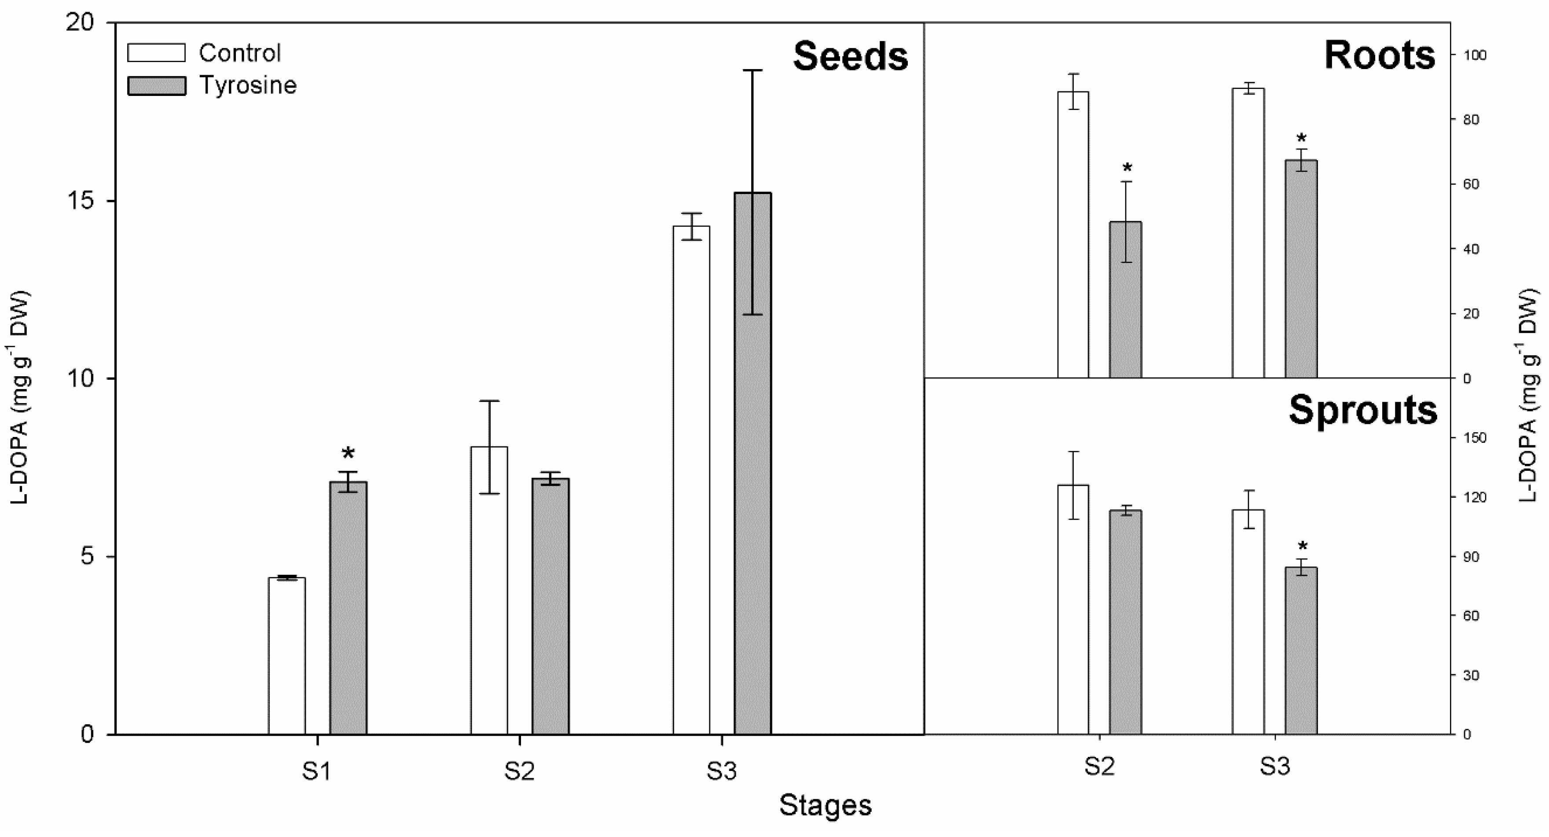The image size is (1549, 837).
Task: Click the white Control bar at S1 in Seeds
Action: [x=287, y=655]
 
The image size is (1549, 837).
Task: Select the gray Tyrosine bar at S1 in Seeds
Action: [x=348, y=607]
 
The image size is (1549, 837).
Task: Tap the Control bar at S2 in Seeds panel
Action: [x=489, y=589]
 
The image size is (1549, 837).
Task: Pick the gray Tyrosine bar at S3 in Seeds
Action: [x=752, y=463]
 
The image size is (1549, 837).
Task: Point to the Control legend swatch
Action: [x=156, y=53]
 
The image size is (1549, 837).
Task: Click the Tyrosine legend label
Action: [x=248, y=85]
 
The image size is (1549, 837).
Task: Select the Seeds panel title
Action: [x=850, y=57]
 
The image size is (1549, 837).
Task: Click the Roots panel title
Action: [x=1380, y=55]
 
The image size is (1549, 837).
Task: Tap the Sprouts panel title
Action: [x=1362, y=411]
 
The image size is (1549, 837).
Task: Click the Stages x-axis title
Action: [x=825, y=805]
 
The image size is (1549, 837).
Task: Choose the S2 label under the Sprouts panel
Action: [x=1099, y=767]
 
